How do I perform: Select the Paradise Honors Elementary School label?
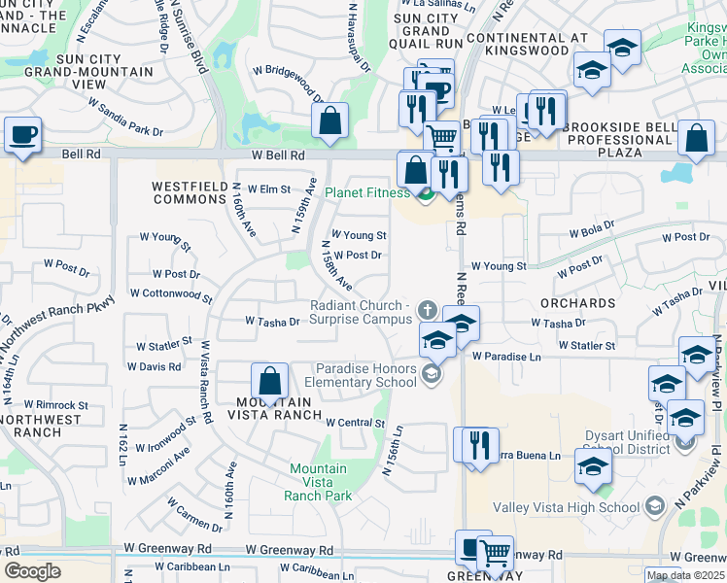click(x=366, y=375)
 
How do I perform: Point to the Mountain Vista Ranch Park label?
click(x=318, y=482)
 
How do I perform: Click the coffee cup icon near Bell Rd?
click(x=21, y=134)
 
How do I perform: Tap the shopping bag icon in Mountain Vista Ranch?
click(x=269, y=380)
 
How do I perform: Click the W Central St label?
click(x=356, y=423)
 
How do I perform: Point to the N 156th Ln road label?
click(x=393, y=450)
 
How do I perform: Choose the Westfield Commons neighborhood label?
click(x=189, y=192)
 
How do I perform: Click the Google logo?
click(x=32, y=570)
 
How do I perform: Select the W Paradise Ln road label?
click(x=506, y=357)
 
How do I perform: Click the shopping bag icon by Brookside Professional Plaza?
click(x=696, y=139)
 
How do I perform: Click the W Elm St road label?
click(x=268, y=189)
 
